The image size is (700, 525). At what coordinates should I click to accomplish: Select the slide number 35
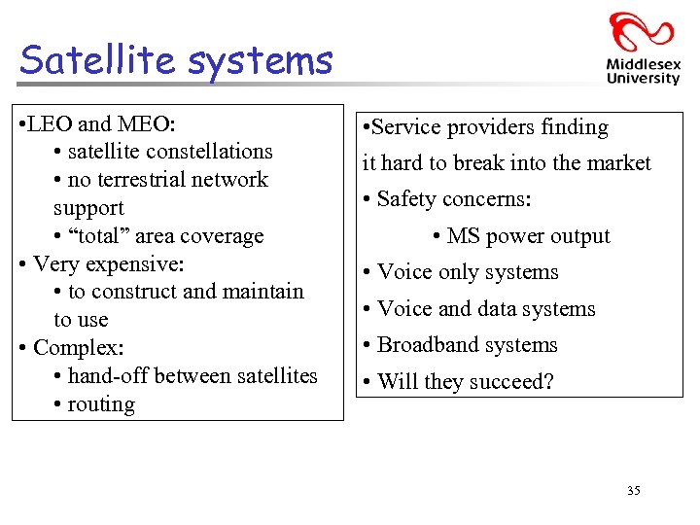[x=633, y=491]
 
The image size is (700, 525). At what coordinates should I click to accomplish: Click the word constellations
[x=211, y=152]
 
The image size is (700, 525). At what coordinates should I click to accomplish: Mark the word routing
[x=101, y=404]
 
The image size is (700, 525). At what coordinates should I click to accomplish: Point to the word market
[x=615, y=163]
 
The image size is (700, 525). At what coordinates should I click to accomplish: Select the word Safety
[x=407, y=199]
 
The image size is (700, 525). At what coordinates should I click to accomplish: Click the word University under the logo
[x=642, y=79]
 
